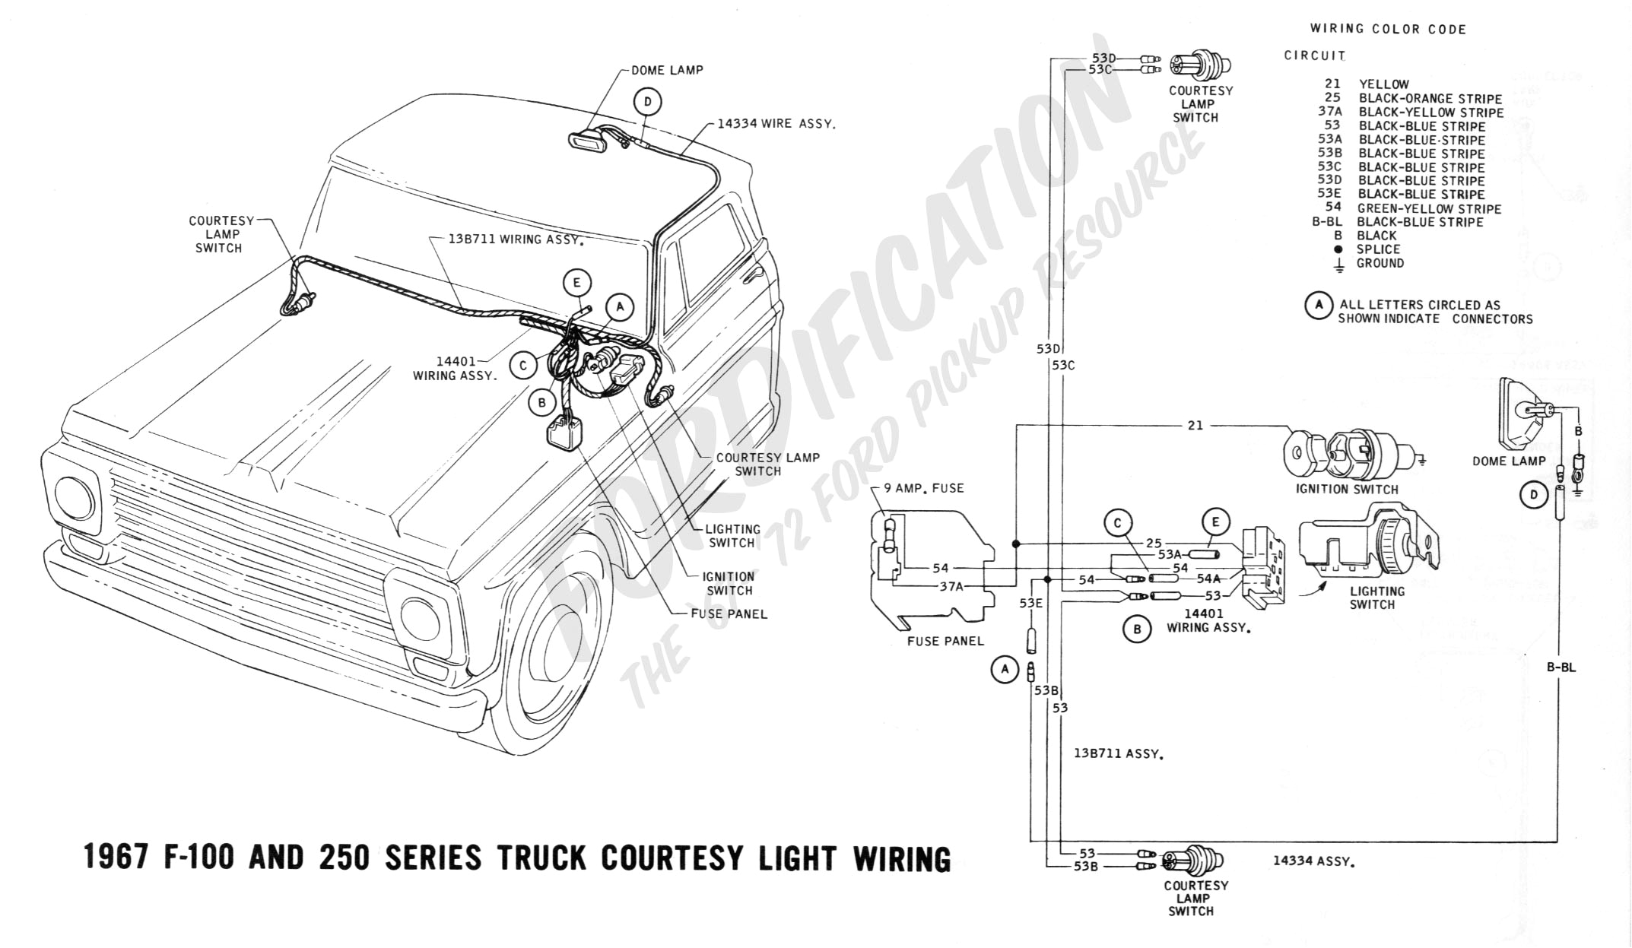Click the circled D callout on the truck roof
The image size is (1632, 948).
[x=647, y=103]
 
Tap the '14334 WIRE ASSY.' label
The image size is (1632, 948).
[x=776, y=123]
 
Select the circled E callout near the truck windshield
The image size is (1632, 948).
[x=577, y=284]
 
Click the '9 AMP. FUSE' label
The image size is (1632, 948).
[x=923, y=488]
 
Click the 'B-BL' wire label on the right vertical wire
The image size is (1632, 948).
[x=1561, y=667]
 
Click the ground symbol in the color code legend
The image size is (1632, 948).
[x=1339, y=265]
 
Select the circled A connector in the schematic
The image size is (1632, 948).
[x=1005, y=670]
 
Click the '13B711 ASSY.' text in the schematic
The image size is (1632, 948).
[x=1119, y=754]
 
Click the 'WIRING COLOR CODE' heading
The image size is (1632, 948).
[x=1388, y=30]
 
